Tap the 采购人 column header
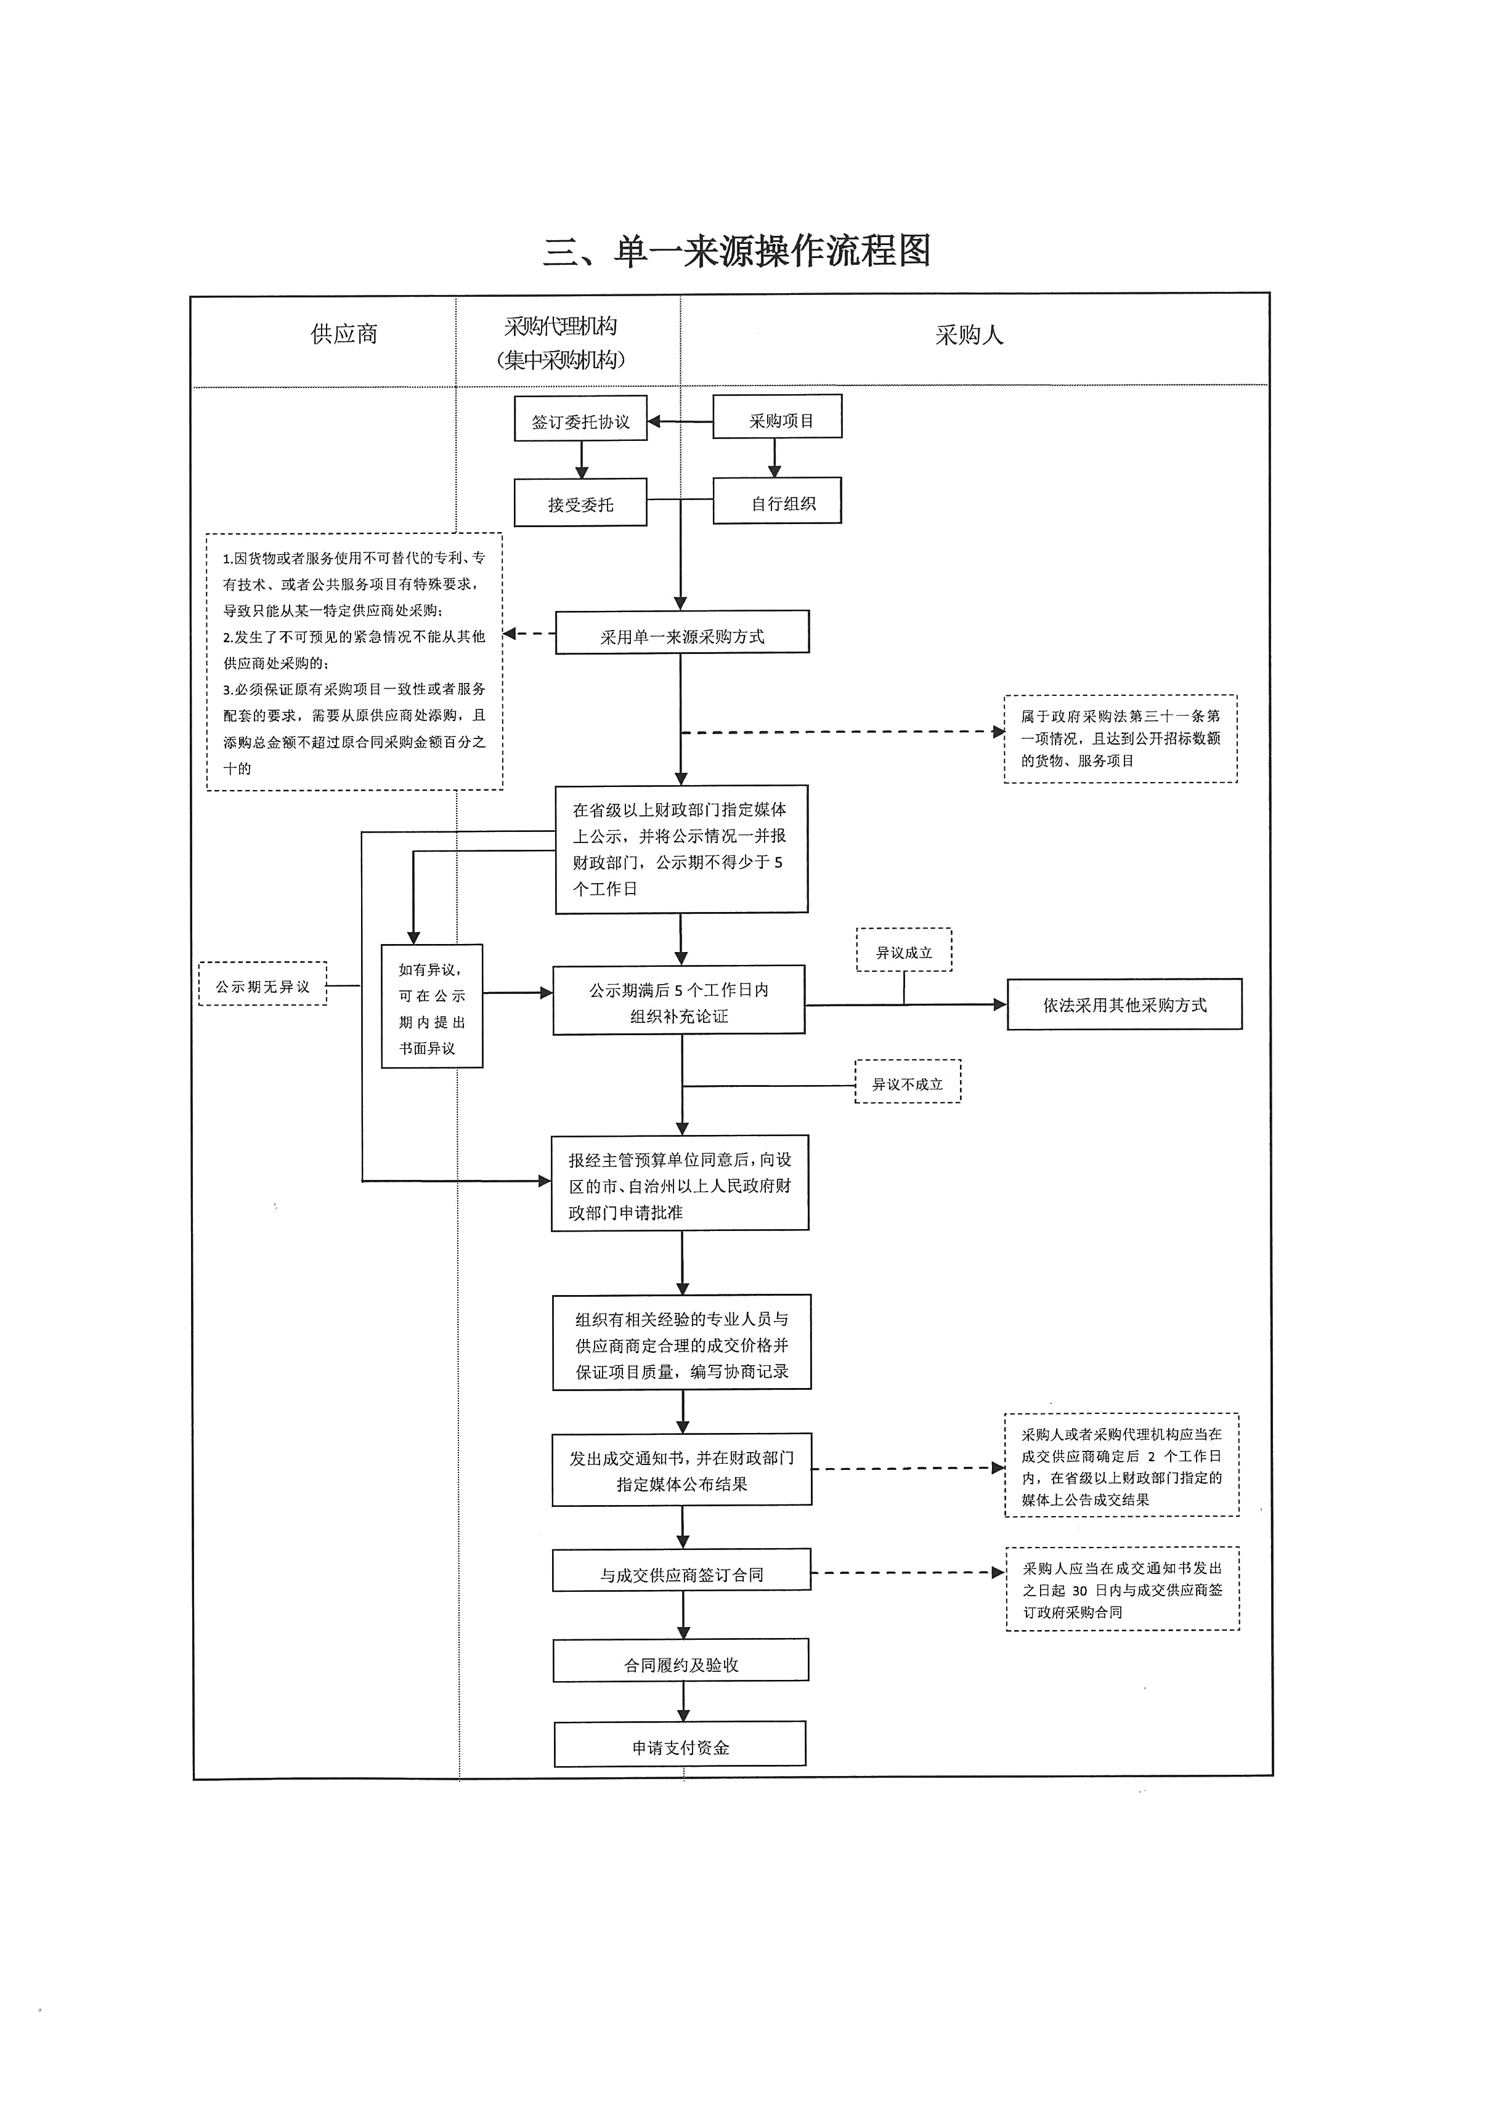point(969,335)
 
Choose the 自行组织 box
point(777,501)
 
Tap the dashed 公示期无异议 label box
point(263,985)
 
